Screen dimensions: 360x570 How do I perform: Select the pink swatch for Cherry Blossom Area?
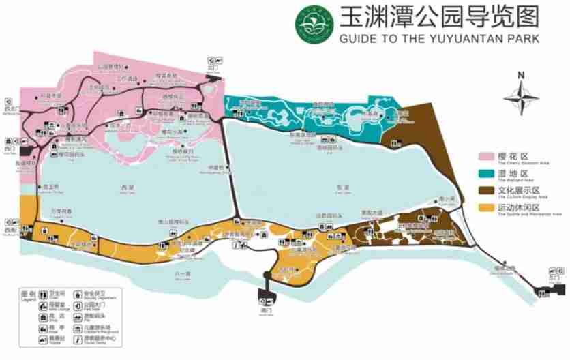[486, 157]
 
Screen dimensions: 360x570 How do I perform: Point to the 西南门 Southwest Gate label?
[10, 230]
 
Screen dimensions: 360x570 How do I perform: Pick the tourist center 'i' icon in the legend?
[78, 340]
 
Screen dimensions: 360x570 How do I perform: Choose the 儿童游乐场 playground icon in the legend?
[78, 328]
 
